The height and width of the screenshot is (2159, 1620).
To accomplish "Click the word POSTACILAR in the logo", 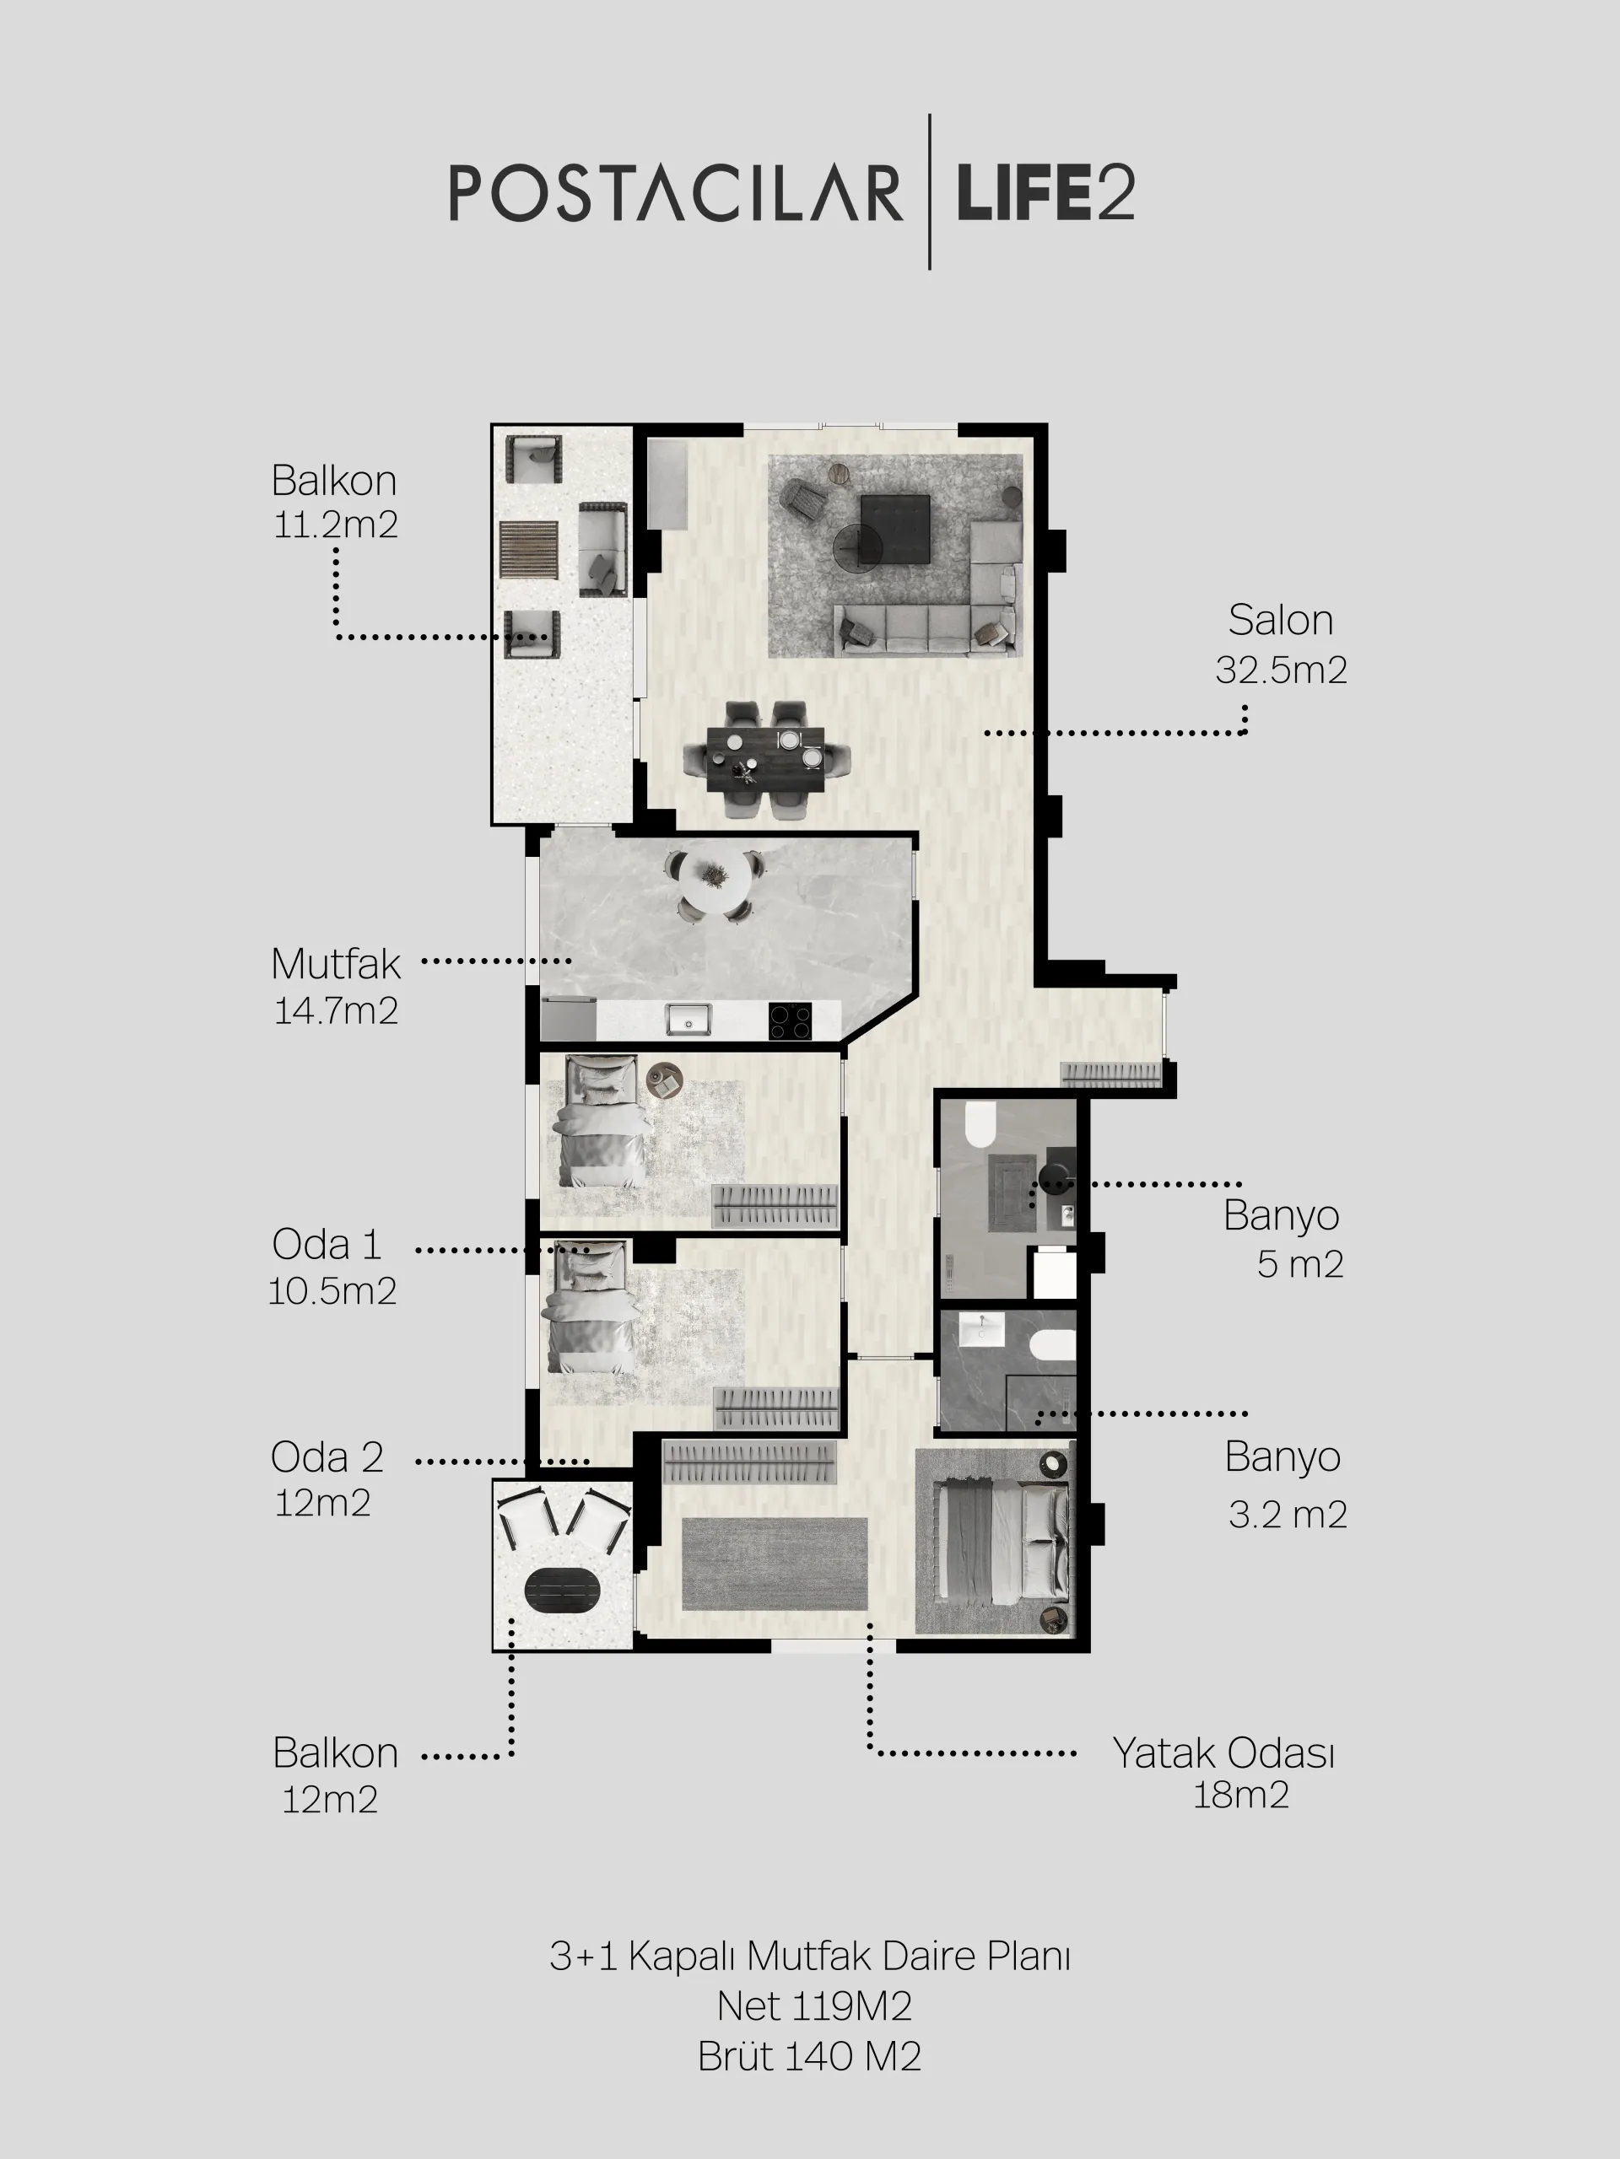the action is (x=676, y=192).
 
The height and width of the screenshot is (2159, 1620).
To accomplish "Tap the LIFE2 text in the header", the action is (x=1045, y=192).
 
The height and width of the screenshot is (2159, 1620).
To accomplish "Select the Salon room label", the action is (x=1280, y=621).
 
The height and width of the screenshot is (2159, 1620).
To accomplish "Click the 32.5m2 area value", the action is (x=1281, y=670).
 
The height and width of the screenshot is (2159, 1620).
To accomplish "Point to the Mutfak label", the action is (x=336, y=964).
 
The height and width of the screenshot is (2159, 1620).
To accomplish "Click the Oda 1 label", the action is (x=327, y=1245).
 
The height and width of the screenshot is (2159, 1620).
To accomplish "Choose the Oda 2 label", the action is (x=327, y=1457).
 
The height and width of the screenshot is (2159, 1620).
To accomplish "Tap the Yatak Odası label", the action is (x=1223, y=1753).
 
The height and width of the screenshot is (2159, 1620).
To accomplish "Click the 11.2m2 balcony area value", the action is (x=335, y=525).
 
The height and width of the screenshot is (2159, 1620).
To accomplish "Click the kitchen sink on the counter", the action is (x=688, y=1019).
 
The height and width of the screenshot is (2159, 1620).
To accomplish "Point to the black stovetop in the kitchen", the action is (x=789, y=1021).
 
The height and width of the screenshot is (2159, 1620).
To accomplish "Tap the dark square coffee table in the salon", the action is (x=894, y=529).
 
